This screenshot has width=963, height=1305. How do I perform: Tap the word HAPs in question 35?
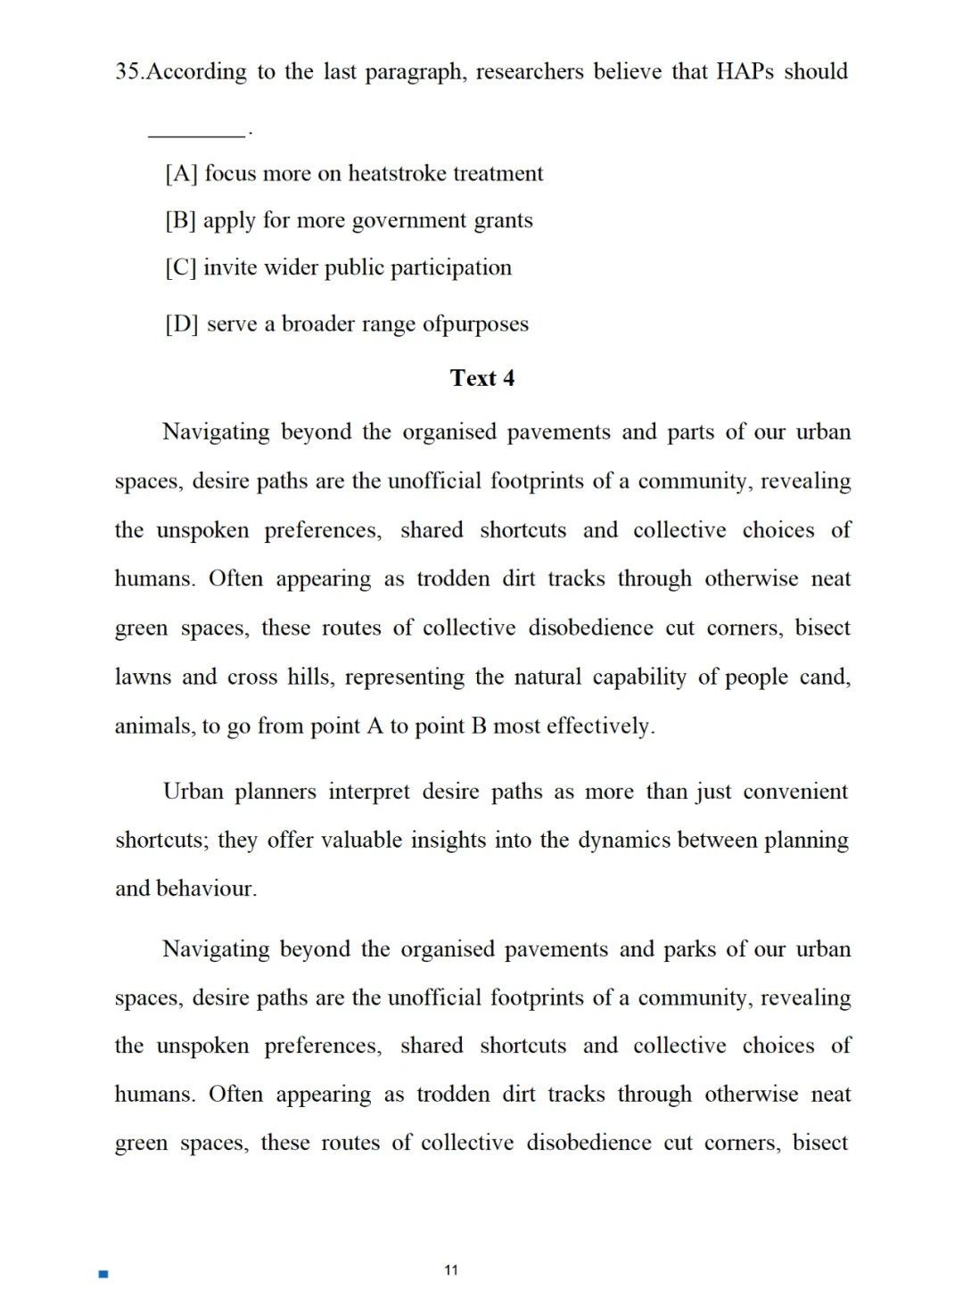click(x=745, y=71)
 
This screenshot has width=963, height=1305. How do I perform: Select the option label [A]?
click(x=181, y=173)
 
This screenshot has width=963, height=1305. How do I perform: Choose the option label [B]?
click(x=181, y=220)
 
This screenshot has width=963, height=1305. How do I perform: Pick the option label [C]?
click(x=181, y=267)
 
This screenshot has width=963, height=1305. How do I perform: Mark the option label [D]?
click(x=182, y=324)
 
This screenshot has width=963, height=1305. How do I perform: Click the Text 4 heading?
click(x=482, y=378)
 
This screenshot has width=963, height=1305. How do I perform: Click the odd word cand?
click(x=825, y=677)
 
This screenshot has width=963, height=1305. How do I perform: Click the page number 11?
click(x=450, y=1270)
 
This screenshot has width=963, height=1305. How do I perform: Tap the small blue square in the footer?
click(x=103, y=1275)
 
